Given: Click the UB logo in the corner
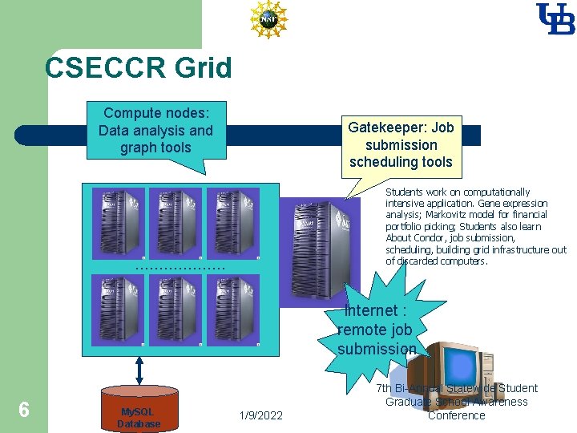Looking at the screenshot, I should click(555, 19).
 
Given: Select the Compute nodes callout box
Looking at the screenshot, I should click(155, 131).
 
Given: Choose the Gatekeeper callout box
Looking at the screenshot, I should click(401, 144).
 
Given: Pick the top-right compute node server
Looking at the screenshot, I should click(233, 224).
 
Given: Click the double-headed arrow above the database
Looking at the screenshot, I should click(139, 370).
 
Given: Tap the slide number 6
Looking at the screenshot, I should click(24, 410).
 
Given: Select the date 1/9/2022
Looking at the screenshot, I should click(261, 415).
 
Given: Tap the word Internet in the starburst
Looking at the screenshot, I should click(371, 310).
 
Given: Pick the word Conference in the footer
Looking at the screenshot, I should click(456, 415).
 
